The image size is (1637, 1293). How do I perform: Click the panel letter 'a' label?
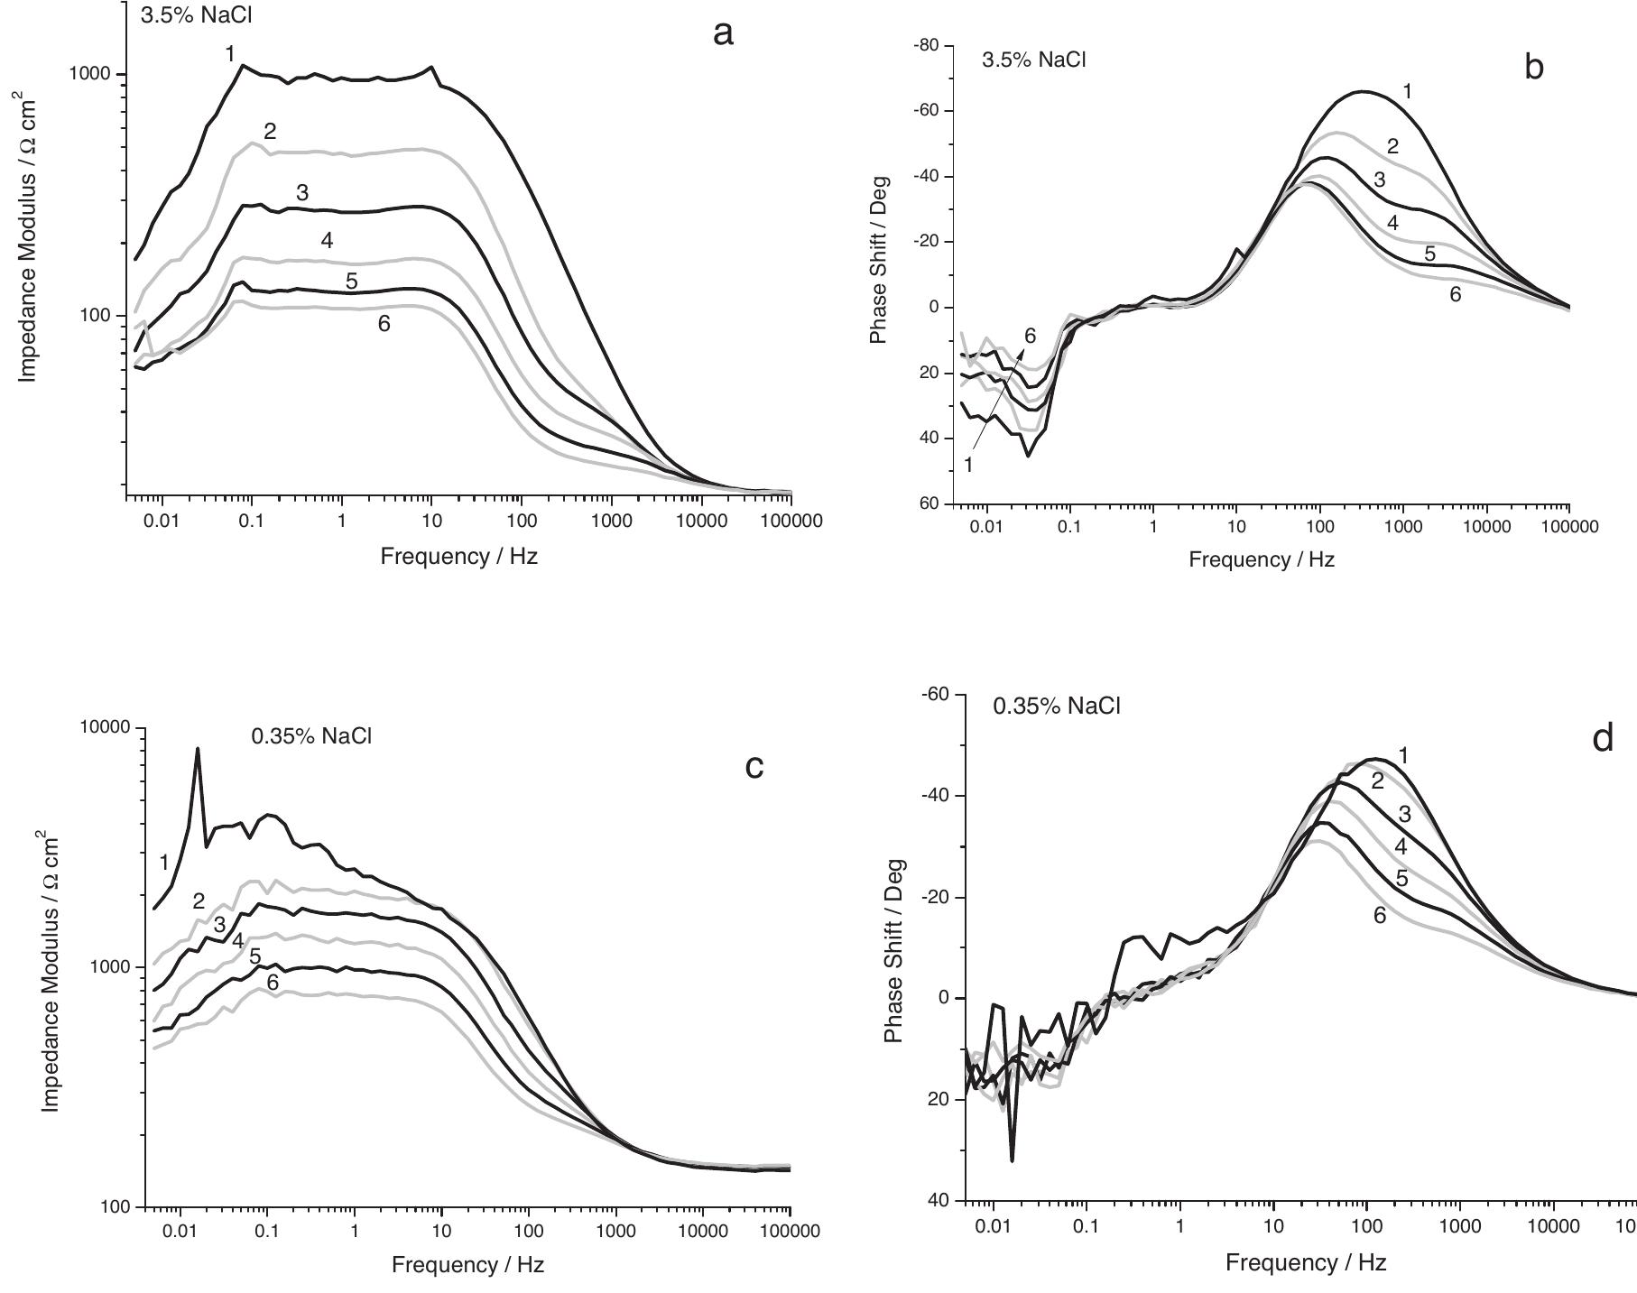(x=723, y=34)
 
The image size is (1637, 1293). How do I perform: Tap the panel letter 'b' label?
(x=1533, y=67)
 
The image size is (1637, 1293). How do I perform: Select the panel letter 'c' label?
(x=754, y=766)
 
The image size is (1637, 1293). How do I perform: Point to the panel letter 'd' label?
(x=1603, y=739)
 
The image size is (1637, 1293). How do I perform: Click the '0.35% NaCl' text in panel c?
(x=311, y=736)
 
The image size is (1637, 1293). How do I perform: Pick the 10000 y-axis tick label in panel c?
(x=106, y=727)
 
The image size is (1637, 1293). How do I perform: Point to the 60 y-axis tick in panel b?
(x=930, y=503)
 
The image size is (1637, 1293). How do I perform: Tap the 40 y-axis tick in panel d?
(x=939, y=1200)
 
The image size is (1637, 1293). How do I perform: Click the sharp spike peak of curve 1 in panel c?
(x=198, y=749)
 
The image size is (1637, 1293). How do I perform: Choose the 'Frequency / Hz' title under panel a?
(x=458, y=556)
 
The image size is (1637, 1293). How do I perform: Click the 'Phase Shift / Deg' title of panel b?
(x=879, y=260)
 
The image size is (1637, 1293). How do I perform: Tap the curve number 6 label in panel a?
(x=384, y=324)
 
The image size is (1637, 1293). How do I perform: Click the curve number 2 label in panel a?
(x=270, y=132)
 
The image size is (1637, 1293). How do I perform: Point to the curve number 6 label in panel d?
(x=1380, y=915)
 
